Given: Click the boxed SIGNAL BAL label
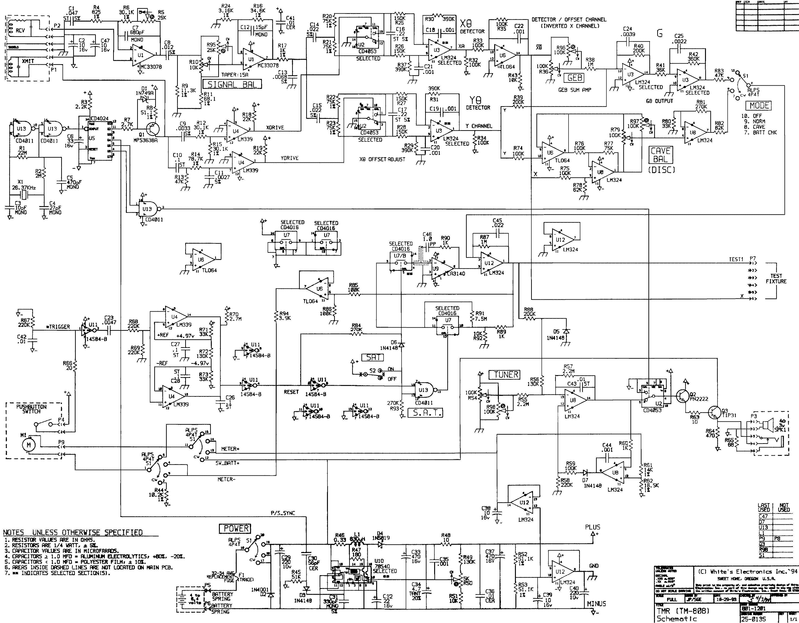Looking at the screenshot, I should pos(232,84).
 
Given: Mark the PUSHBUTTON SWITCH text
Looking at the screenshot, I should pos(31,409).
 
